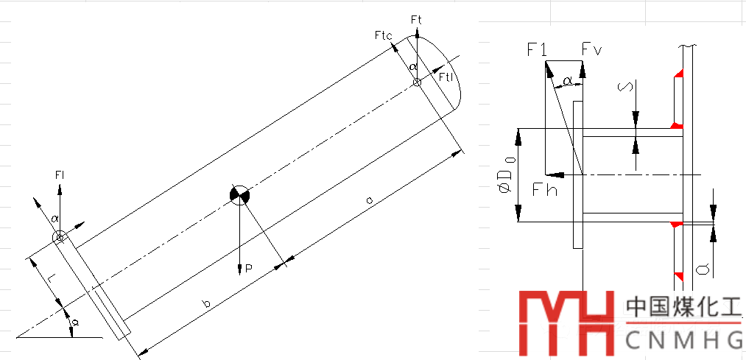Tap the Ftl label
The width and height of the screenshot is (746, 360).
pos(446,77)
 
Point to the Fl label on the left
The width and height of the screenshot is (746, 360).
pos(60,174)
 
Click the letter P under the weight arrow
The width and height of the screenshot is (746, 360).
pos(249,270)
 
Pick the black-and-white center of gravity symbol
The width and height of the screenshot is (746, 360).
pos(240,195)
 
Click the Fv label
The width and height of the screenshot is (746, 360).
pos(591,49)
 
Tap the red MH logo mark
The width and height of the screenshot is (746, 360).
pos(566,322)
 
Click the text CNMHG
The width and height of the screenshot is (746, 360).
pos(683,339)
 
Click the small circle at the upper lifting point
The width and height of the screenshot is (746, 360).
pos(417,82)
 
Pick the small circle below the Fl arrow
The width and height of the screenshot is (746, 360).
pos(60,236)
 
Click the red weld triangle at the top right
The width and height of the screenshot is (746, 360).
pos(678,72)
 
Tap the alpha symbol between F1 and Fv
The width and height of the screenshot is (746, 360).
pos(567,79)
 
